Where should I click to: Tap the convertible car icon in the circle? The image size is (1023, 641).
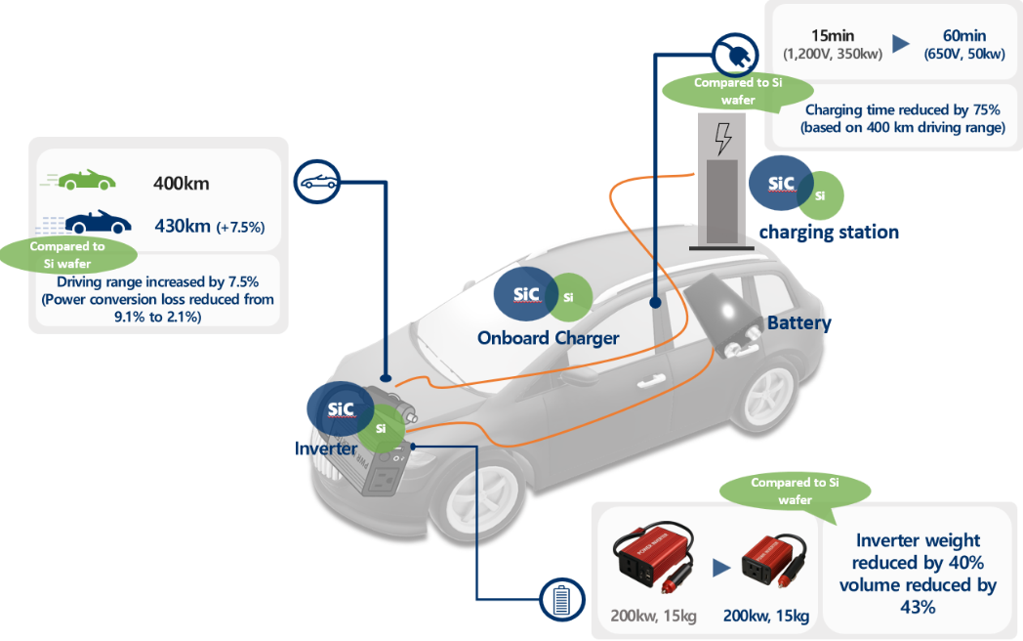317,182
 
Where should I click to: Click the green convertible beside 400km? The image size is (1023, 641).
88,181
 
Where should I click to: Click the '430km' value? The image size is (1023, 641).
183,226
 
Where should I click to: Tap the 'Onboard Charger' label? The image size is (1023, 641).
548,338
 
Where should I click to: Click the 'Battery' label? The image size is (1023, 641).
798,323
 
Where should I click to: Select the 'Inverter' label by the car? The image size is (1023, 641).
326,449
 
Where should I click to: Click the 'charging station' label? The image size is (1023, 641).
829,233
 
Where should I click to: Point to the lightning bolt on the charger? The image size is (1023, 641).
722,140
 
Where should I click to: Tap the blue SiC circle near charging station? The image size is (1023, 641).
782,184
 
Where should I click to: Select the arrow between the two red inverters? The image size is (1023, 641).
720,567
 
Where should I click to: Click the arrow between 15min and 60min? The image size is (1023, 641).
901,44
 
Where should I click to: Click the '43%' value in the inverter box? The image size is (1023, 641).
916,607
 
